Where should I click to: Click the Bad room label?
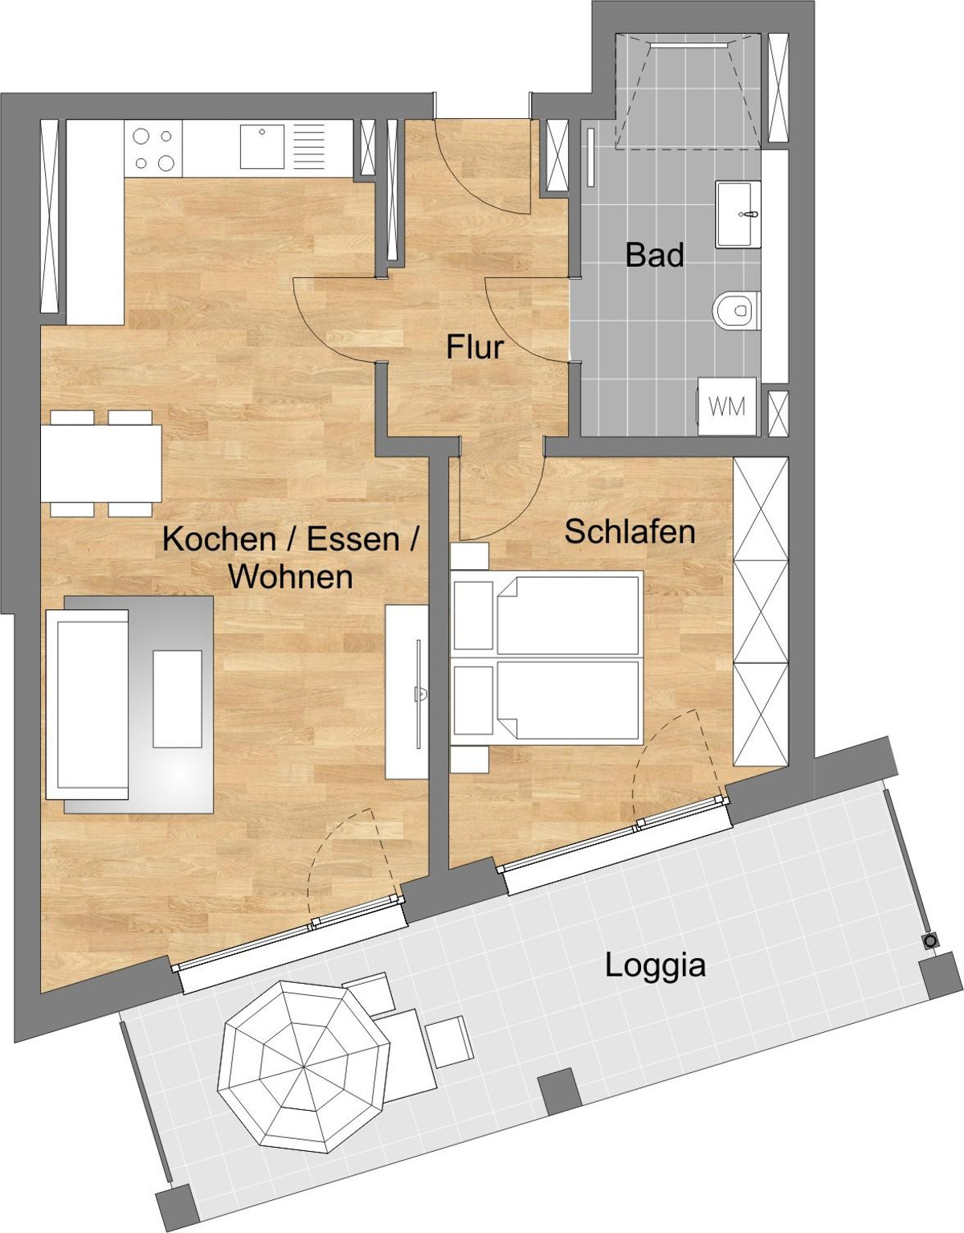[655, 256]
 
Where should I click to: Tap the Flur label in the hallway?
[475, 347]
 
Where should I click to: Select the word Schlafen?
[630, 531]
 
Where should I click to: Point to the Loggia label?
[656, 966]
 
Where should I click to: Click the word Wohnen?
[290, 576]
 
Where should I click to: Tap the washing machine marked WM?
[727, 407]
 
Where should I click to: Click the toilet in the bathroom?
[736, 310]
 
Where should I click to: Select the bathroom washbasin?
[737, 215]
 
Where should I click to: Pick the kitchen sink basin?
[262, 146]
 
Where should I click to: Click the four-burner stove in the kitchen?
[153, 150]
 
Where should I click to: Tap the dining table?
[101, 464]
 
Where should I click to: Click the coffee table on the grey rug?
[178, 699]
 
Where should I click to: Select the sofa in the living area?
[88, 705]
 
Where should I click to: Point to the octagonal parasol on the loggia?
[304, 1066]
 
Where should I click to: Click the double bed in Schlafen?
[546, 657]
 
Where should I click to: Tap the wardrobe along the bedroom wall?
[761, 611]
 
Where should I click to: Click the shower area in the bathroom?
[688, 91]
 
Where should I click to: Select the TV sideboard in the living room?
[406, 692]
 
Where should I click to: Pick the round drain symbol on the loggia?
[930, 941]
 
